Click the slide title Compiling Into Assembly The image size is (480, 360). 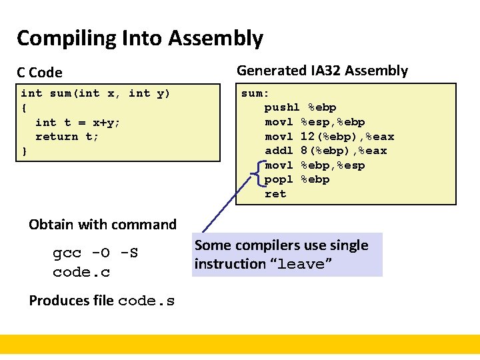point(139,39)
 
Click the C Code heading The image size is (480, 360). point(39,73)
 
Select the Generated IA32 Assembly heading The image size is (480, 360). point(322,71)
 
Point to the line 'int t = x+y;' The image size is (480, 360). point(77,122)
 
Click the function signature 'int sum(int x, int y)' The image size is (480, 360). point(95,93)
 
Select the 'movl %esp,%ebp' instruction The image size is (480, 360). point(315,122)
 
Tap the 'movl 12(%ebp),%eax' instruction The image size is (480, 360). point(329,137)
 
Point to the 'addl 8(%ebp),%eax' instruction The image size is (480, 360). point(325,151)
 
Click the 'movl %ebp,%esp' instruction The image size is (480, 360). point(315,165)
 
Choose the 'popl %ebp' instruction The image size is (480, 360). point(297,179)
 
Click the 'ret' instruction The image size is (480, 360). point(275,194)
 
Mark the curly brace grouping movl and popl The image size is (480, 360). point(257,173)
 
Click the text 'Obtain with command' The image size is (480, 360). point(103,225)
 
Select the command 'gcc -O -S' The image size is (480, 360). point(95,254)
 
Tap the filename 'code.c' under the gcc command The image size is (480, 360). point(81,273)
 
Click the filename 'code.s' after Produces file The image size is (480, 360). point(146,301)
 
